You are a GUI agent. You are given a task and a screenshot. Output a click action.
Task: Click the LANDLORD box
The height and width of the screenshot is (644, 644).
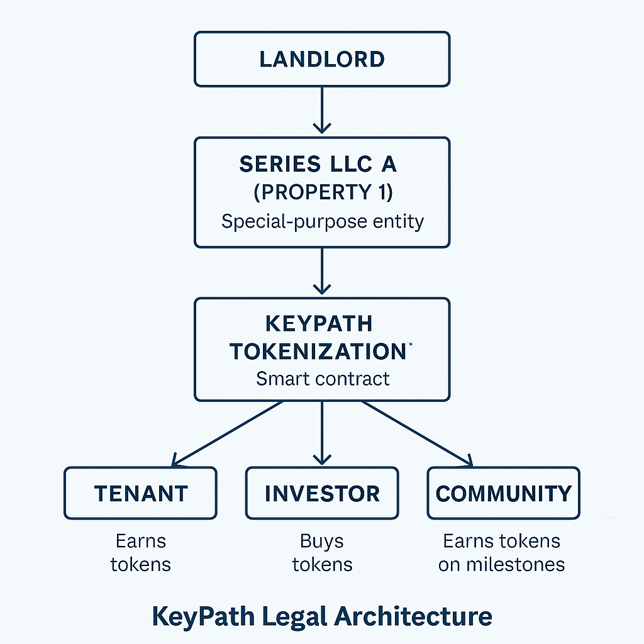(x=321, y=59)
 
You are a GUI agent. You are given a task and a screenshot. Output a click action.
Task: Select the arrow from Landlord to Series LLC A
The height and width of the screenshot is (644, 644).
(x=321, y=109)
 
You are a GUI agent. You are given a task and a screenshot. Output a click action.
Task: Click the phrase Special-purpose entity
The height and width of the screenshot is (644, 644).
(x=321, y=221)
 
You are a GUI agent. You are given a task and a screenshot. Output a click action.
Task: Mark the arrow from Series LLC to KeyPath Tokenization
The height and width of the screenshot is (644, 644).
(x=321, y=270)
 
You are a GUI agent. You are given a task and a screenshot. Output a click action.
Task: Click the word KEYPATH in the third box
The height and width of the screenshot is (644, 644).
(x=318, y=324)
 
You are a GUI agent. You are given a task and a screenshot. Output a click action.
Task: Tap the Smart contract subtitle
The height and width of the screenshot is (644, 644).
(x=322, y=379)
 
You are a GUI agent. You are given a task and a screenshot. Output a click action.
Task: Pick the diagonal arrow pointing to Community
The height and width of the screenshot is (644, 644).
(x=416, y=433)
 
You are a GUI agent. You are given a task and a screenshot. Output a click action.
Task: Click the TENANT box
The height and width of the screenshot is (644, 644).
(x=140, y=493)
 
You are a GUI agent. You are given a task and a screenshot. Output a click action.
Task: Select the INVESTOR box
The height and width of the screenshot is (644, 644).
(x=321, y=493)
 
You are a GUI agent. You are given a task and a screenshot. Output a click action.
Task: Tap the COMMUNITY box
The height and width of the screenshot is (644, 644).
(x=503, y=493)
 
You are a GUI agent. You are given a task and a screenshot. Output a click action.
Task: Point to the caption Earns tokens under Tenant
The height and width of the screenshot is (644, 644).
(x=140, y=552)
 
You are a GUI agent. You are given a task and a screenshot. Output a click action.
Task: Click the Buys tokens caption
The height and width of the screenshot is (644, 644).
(x=321, y=552)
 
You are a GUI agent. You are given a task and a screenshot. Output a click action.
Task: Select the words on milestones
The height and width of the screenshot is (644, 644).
(x=501, y=564)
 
